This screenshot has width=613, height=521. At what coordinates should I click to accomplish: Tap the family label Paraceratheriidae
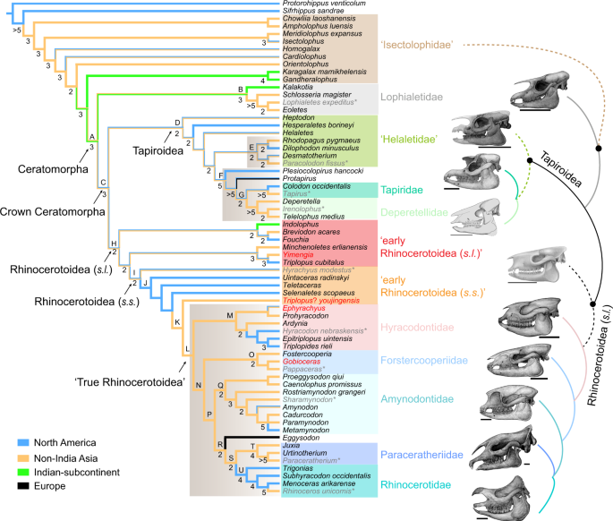[421, 455]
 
